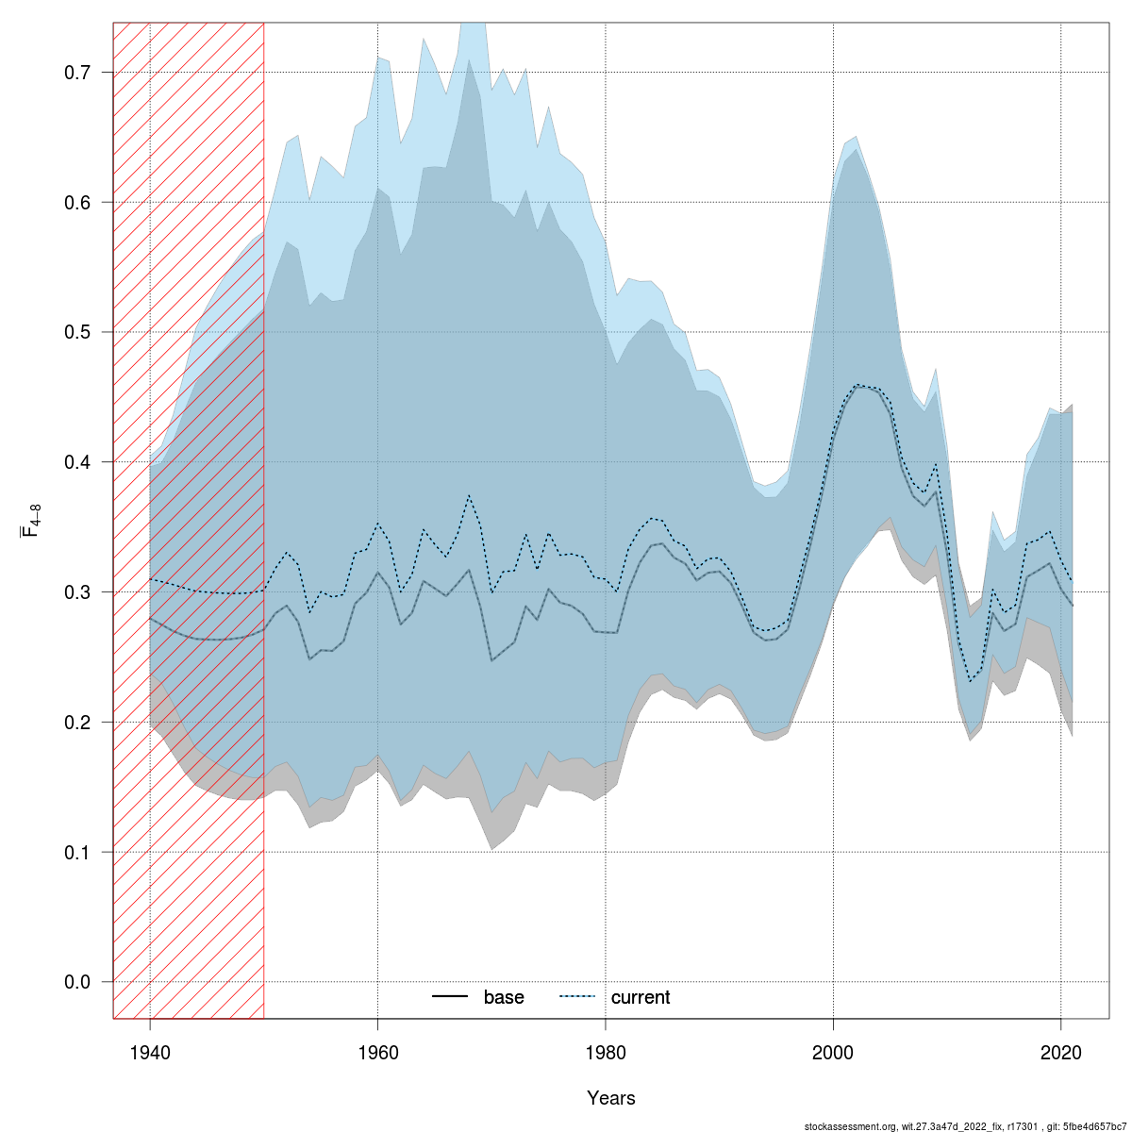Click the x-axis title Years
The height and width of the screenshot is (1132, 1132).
(611, 1098)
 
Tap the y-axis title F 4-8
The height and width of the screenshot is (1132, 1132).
(30, 521)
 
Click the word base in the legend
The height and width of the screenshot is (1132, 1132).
(504, 997)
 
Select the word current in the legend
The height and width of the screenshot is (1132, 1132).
(641, 997)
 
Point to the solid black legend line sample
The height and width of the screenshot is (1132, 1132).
(451, 997)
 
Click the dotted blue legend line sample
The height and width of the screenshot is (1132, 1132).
(578, 997)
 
